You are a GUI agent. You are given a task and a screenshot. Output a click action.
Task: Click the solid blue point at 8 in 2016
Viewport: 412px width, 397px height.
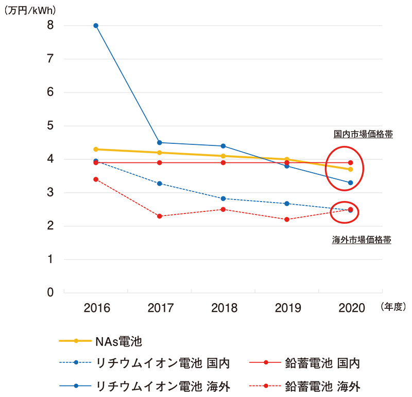(96, 25)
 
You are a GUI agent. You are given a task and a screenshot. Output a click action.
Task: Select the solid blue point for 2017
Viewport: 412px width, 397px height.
(160, 142)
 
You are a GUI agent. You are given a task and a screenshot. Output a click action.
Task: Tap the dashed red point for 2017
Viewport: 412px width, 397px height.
(160, 216)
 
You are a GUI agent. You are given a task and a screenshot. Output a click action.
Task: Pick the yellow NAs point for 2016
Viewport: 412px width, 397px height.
(96, 149)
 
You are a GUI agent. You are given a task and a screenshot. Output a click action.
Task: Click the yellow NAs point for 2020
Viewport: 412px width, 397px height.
(351, 169)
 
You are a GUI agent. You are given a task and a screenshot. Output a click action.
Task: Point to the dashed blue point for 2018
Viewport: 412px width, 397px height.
(223, 198)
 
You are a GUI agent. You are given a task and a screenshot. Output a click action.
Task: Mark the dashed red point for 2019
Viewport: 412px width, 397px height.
(287, 220)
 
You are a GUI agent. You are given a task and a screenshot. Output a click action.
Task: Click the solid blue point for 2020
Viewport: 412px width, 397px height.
(351, 183)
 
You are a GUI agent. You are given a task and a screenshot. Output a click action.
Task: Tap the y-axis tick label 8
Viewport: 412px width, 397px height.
(50, 25)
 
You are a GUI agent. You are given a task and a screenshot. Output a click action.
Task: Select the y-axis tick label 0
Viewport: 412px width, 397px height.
(50, 293)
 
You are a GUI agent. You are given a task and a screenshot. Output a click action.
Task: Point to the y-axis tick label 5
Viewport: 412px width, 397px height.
(50, 126)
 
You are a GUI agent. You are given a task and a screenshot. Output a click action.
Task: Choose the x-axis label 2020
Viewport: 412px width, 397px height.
(352, 308)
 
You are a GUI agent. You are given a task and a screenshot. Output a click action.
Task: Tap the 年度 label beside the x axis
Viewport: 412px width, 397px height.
(393, 307)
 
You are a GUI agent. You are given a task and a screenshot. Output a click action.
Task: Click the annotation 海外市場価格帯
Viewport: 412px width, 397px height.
(362, 240)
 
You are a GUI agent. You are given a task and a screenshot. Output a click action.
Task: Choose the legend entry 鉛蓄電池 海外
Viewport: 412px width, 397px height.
(322, 386)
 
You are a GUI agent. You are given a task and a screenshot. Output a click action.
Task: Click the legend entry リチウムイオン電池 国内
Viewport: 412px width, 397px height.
(163, 363)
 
